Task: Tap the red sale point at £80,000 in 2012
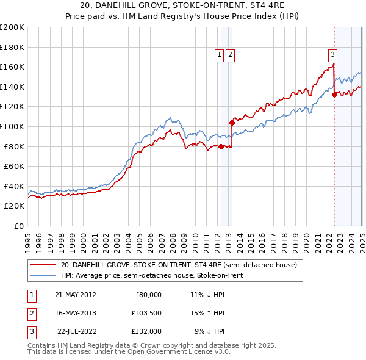click(221, 146)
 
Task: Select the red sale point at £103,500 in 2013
click(232, 123)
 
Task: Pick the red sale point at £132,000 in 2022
click(334, 95)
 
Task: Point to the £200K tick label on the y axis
click(12, 27)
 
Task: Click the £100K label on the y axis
click(12, 126)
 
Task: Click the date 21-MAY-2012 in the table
click(75, 295)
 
